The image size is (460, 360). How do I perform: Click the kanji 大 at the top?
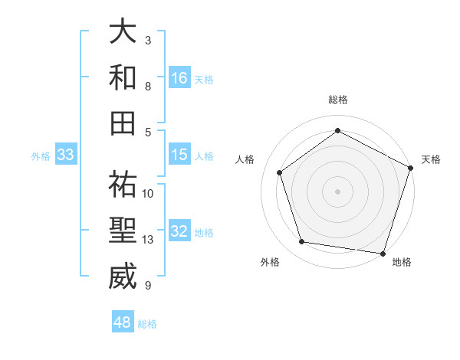click(x=123, y=32)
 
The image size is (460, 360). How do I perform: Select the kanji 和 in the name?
click(x=123, y=77)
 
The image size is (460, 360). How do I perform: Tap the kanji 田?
click(x=123, y=123)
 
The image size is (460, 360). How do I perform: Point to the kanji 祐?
click(x=123, y=185)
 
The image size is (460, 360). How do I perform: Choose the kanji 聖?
click(x=123, y=231)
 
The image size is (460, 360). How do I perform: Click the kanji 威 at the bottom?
click(x=123, y=277)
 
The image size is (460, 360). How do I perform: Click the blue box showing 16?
click(x=179, y=77)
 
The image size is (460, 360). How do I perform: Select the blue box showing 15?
click(x=179, y=154)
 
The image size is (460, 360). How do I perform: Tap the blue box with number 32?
click(x=179, y=231)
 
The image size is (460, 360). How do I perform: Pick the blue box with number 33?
click(x=65, y=155)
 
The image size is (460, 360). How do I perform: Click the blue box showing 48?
click(x=123, y=322)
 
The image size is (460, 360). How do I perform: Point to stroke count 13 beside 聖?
click(x=148, y=240)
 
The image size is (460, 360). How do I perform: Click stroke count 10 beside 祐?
click(x=148, y=193)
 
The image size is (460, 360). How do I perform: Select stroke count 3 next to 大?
click(x=148, y=40)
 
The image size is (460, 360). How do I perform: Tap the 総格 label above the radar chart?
click(x=337, y=100)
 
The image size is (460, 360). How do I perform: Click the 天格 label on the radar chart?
click(x=431, y=159)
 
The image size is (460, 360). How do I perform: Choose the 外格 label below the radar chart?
click(x=270, y=262)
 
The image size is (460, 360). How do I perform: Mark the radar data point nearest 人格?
click(x=280, y=172)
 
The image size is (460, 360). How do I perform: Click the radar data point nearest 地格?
click(x=383, y=253)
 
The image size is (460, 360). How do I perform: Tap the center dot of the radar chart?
click(x=337, y=191)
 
